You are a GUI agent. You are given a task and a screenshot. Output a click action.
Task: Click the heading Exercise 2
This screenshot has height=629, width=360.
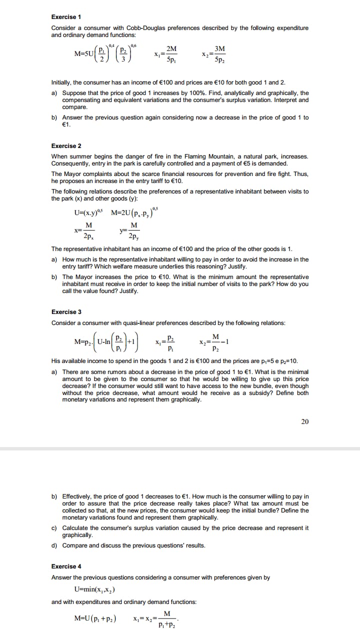pos(66,146)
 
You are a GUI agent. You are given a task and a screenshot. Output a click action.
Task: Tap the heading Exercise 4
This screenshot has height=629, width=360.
pos(66,566)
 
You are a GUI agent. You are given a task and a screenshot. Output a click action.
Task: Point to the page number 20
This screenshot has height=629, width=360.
pos(305,421)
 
